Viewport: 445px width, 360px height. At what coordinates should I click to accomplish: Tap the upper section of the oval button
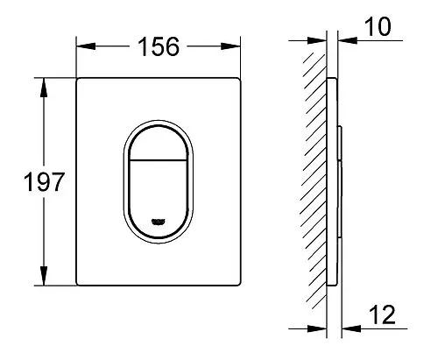(x=159, y=140)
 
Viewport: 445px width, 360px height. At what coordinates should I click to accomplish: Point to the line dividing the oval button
(x=159, y=162)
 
